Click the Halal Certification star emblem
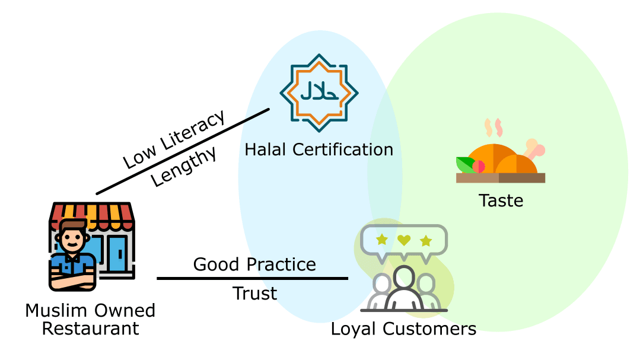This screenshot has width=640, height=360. (x=319, y=93)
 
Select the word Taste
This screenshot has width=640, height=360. (x=501, y=200)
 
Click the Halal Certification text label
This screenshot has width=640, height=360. (x=319, y=149)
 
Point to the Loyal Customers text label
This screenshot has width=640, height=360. (x=403, y=329)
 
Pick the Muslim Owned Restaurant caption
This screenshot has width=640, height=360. (x=90, y=319)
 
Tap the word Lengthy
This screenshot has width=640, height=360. (x=184, y=167)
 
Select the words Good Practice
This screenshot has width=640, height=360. (x=254, y=264)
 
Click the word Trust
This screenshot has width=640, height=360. (x=254, y=293)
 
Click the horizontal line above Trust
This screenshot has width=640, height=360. (x=252, y=278)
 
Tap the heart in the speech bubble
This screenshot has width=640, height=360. (x=404, y=240)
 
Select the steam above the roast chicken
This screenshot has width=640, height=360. (x=494, y=126)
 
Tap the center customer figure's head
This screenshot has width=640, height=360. (x=404, y=277)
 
